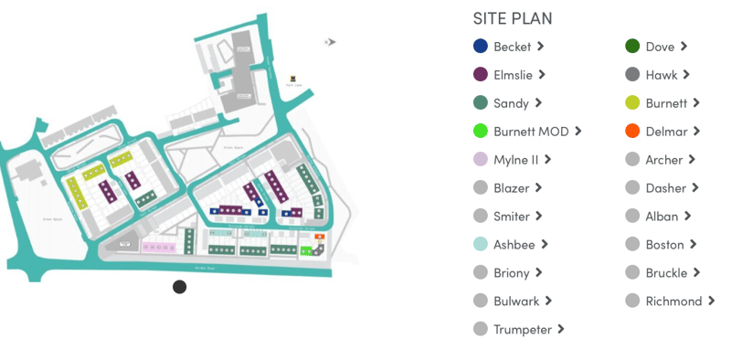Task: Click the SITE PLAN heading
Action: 512,18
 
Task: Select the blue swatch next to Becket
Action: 481,47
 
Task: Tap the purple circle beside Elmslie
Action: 481,75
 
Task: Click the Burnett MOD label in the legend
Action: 531,132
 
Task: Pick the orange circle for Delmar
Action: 632,132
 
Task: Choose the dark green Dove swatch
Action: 632,47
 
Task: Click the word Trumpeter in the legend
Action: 523,330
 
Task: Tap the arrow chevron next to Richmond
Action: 711,301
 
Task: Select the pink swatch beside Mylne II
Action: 481,160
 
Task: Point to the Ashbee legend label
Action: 514,245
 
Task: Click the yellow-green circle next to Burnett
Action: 632,103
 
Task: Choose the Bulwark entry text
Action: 517,302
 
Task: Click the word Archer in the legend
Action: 663,160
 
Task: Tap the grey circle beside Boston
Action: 632,245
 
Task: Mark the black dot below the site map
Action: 180,287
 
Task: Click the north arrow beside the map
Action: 331,41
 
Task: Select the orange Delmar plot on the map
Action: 319,238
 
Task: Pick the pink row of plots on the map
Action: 158,247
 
